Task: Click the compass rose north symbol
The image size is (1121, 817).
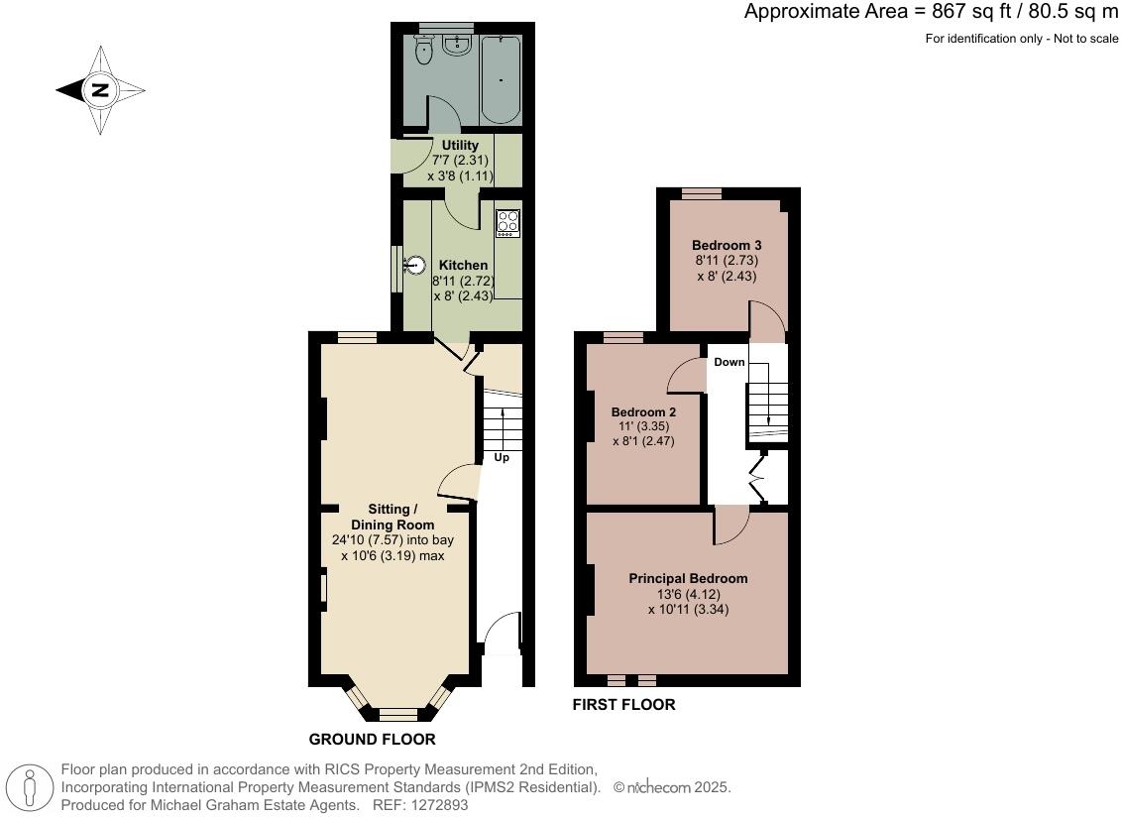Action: coord(99,90)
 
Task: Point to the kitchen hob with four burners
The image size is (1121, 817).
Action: coord(507,223)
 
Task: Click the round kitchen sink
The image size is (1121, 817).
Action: coord(416,265)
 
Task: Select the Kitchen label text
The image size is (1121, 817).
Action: coord(463,266)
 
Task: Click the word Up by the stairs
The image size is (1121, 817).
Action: coord(502,458)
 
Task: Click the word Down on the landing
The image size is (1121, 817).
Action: coord(729,362)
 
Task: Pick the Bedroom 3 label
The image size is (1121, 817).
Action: coord(727,245)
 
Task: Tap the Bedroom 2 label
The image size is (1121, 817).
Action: coord(643,412)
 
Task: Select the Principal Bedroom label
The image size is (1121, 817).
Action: coord(688,578)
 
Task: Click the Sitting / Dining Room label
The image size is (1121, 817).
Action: coord(392,517)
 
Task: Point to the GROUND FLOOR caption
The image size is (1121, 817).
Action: coord(372,740)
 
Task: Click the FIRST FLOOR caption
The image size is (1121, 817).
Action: coord(623,705)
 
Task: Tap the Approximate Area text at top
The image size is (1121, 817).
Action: coord(931,12)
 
